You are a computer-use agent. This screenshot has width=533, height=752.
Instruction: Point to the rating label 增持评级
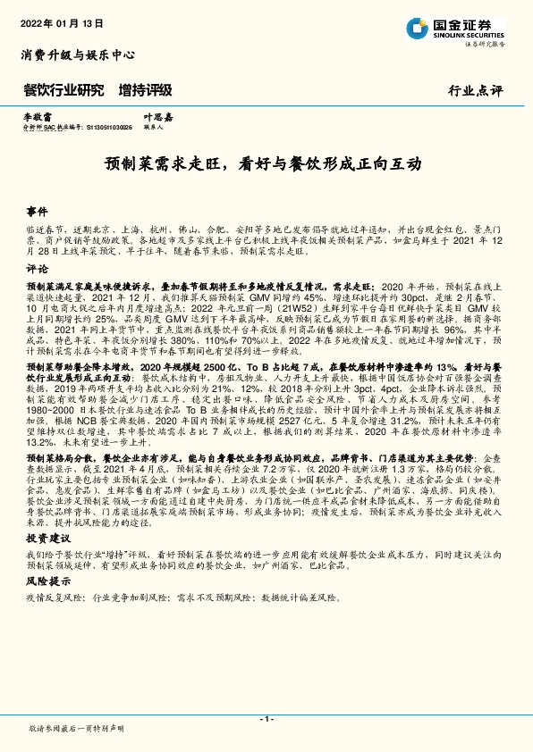[145, 90]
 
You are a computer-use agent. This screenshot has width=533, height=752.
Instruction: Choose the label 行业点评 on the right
[478, 91]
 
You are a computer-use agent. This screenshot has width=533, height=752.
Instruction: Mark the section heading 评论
[37, 268]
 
